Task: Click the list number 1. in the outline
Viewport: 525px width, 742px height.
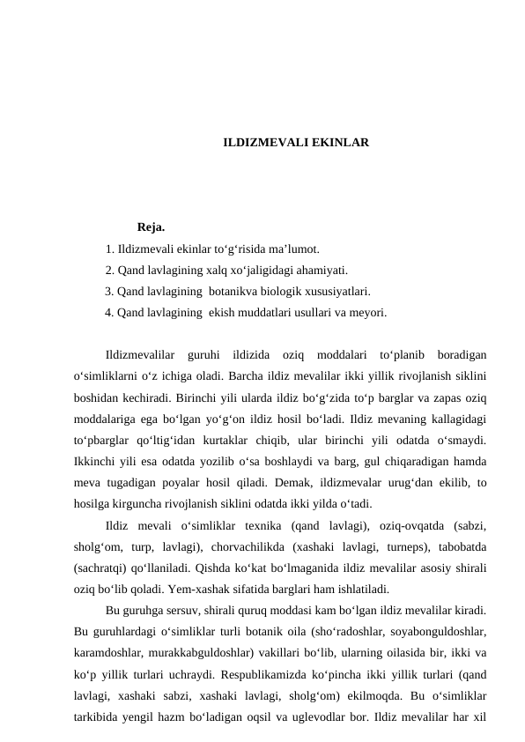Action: (x=109, y=249)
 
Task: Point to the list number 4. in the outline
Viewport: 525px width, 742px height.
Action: (x=109, y=312)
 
